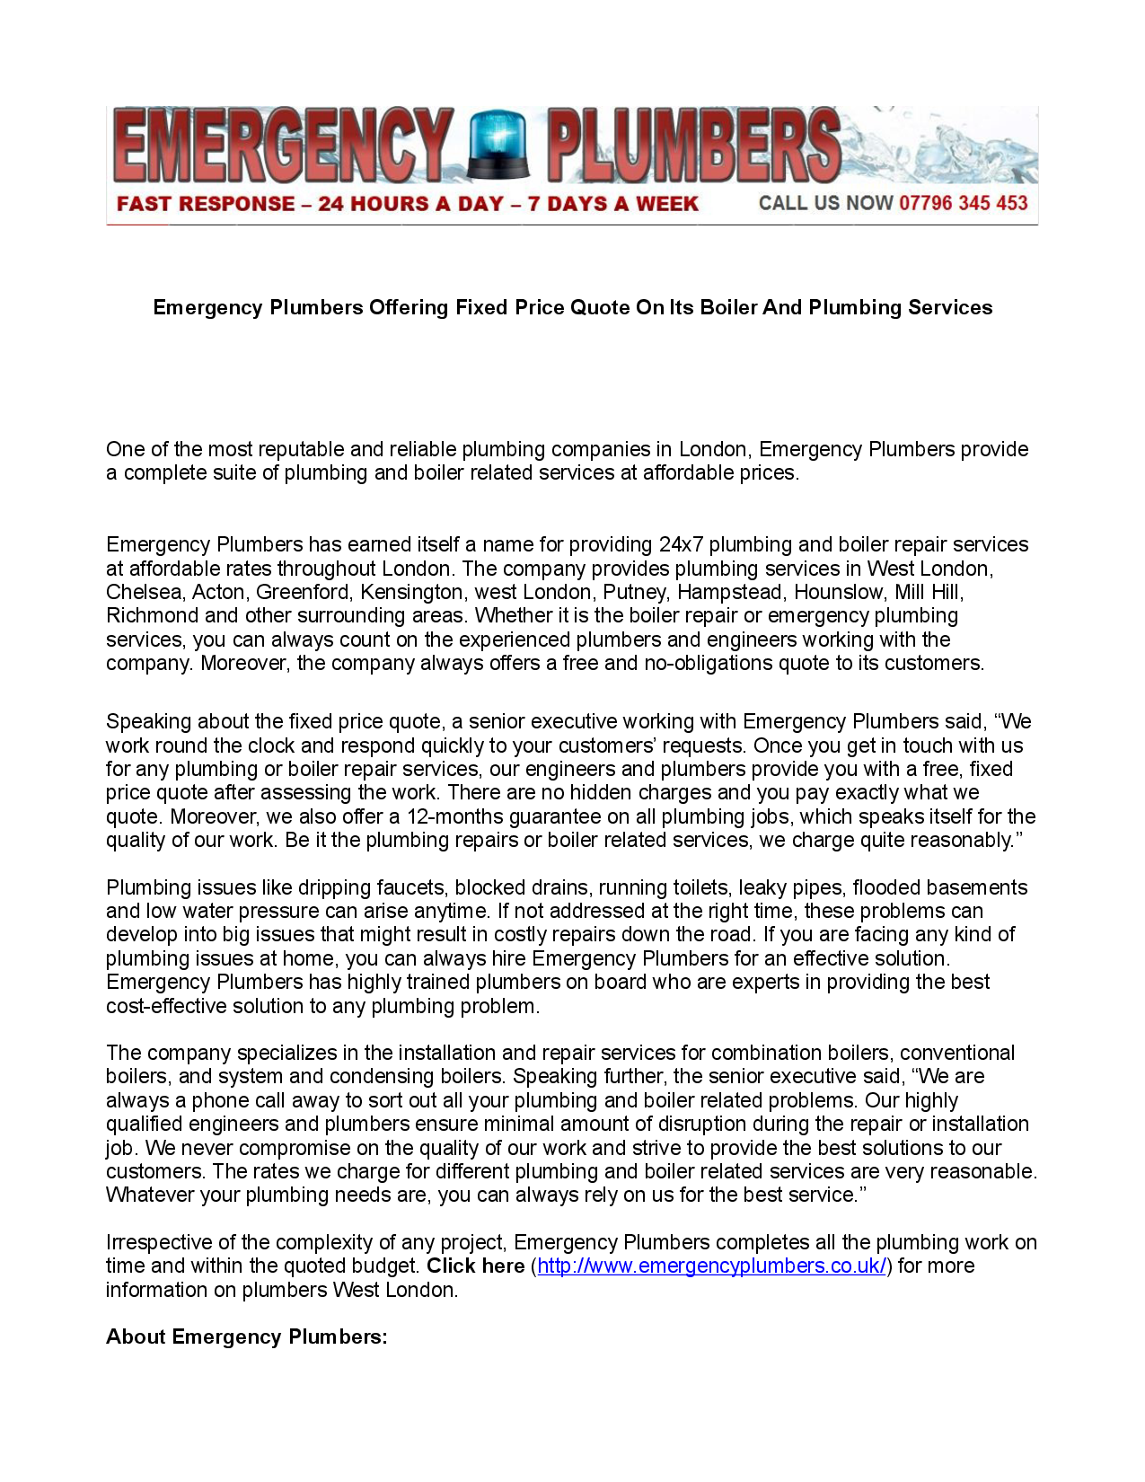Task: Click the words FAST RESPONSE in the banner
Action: (206, 204)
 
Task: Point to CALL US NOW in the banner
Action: (825, 203)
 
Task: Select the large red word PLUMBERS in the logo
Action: (693, 146)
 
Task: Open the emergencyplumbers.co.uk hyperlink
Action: (711, 1266)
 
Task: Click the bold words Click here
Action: (475, 1266)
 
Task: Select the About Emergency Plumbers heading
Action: (247, 1336)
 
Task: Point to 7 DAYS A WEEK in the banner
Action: (612, 204)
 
